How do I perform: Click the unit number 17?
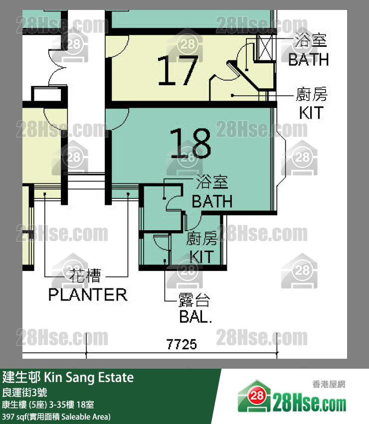pos(178,71)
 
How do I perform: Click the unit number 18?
pos(190,143)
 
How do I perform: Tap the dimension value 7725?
pos(182,344)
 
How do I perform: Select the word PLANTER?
pos(88,295)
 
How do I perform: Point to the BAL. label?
pos(195,316)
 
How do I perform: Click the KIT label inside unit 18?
pos(201,257)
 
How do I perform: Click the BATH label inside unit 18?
pos(212,201)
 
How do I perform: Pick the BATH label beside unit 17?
pos(308,59)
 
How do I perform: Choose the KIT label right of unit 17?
pos(311,113)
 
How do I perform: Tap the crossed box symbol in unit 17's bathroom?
pos(265,48)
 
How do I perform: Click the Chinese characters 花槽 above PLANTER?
pos(85,276)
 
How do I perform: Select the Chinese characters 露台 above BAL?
pos(194,299)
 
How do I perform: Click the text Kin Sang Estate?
pos(89,378)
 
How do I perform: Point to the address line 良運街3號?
pos(24,392)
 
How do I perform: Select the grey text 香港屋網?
pos(329,384)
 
